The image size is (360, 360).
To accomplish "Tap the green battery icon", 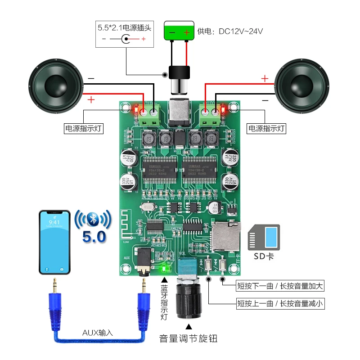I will (x=179, y=31).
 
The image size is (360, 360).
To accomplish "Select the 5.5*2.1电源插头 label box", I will (x=125, y=33).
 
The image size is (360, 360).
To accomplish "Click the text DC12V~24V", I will (x=241, y=31).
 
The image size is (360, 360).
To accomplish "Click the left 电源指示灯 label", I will (x=84, y=128).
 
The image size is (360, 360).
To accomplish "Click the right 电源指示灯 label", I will (x=267, y=128).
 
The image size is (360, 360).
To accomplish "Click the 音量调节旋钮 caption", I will (x=188, y=338).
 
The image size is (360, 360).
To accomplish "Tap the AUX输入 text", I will (x=98, y=333).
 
